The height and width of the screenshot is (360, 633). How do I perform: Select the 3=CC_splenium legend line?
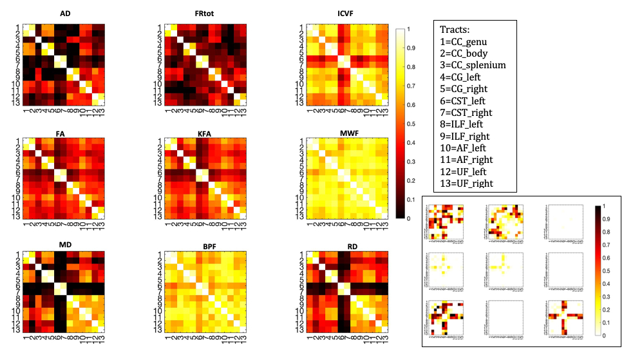tap(473, 65)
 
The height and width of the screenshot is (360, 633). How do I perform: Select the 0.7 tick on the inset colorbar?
tap(607, 245)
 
